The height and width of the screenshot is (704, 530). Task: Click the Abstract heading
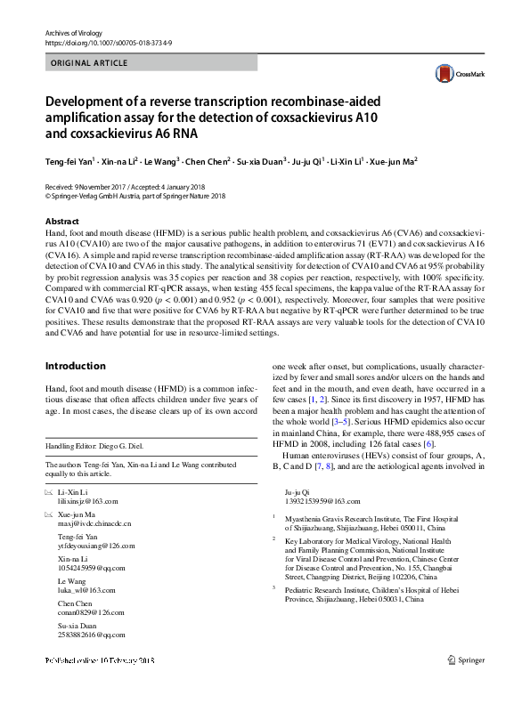(61, 221)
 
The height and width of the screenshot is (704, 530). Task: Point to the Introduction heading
(75, 365)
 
